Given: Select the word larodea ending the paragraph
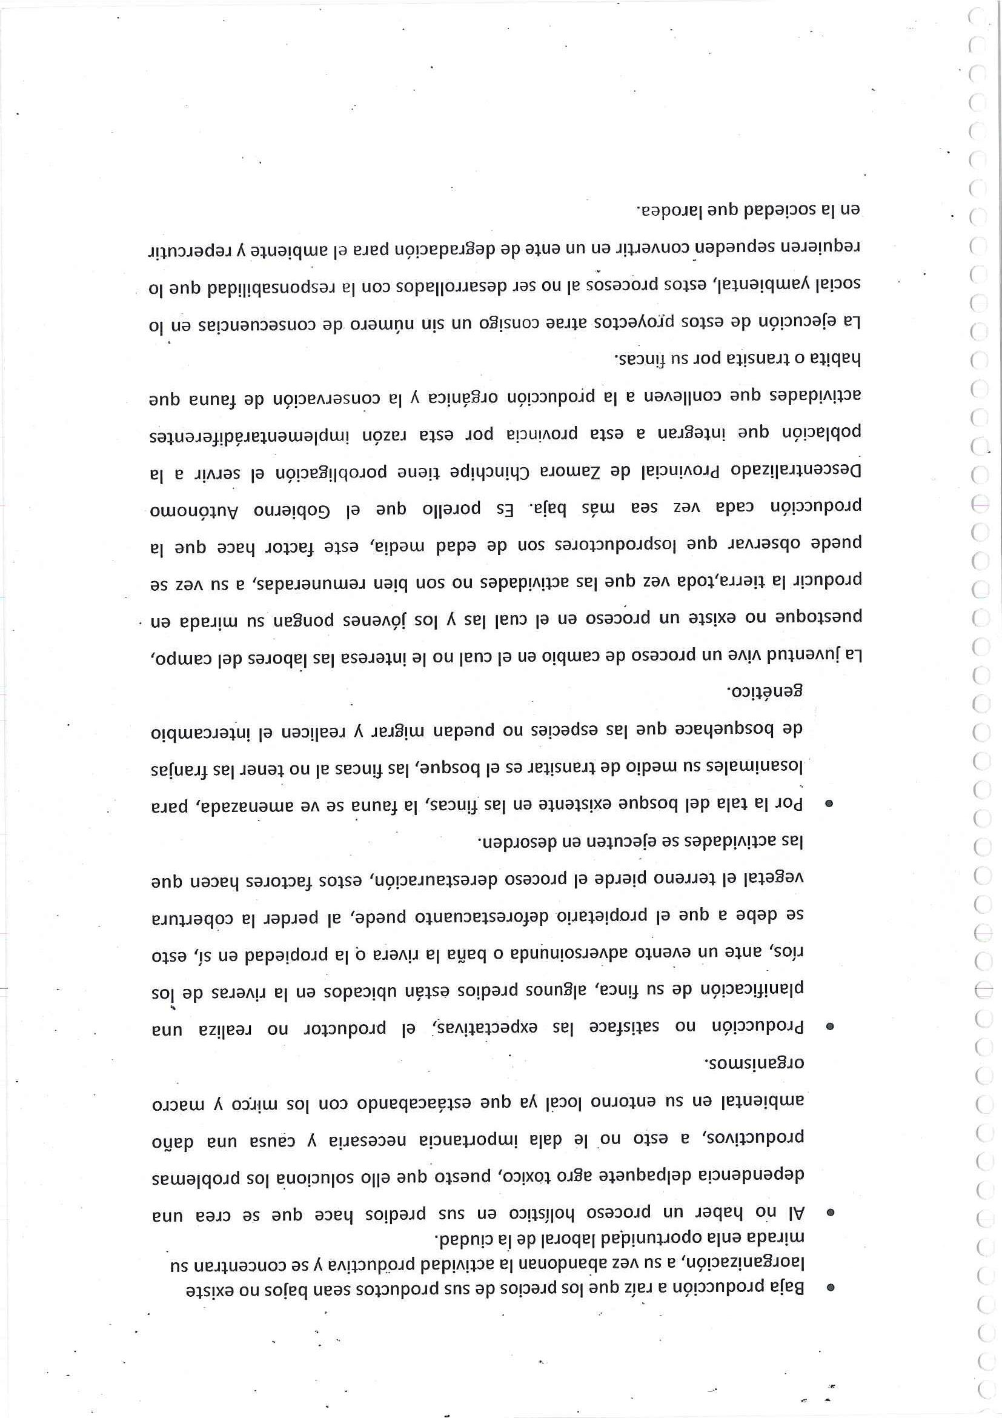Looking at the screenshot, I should [x=669, y=210].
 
